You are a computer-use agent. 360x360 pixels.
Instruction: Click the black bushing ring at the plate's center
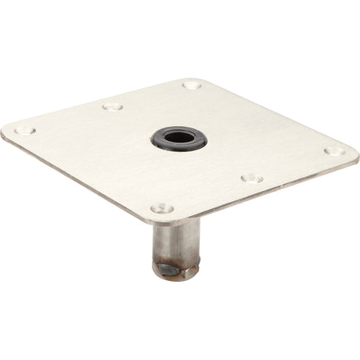click(x=166, y=140)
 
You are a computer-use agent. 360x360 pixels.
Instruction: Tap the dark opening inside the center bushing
click(x=180, y=137)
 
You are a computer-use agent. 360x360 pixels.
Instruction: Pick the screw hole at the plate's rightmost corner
click(x=333, y=151)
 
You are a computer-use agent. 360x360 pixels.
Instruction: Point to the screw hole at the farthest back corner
click(x=192, y=84)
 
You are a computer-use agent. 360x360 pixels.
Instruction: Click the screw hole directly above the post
click(x=162, y=208)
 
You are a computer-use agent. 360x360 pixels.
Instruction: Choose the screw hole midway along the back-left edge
click(x=113, y=106)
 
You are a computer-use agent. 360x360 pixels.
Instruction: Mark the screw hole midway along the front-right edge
click(x=252, y=178)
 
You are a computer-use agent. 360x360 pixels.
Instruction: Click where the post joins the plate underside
click(x=176, y=223)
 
